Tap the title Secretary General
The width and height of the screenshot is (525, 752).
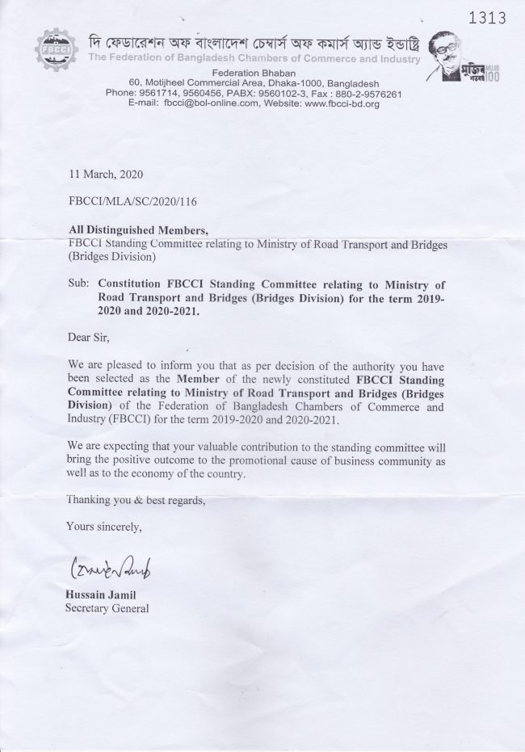107,608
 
